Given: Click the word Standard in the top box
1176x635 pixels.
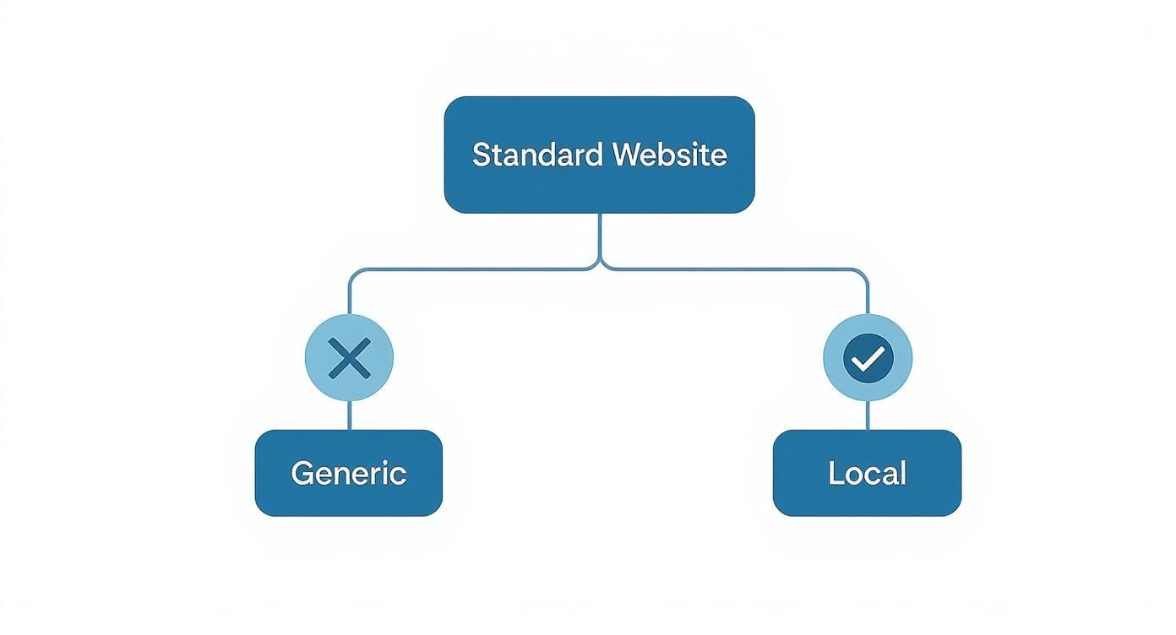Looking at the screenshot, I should [537, 155].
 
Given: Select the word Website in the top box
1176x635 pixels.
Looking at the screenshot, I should [669, 155].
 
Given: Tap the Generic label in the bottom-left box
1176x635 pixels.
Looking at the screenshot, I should [348, 473].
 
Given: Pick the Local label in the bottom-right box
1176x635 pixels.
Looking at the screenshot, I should [867, 473].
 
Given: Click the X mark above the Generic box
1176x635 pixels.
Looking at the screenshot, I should [349, 358].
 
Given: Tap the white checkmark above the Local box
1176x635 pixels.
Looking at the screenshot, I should [867, 361].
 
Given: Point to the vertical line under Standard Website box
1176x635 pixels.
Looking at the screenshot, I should [599, 236].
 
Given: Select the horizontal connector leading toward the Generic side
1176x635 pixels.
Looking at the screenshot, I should [473, 270].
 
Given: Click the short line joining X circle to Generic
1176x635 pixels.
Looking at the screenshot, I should [349, 415].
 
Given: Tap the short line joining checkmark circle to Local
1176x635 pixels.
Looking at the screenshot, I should [868, 415].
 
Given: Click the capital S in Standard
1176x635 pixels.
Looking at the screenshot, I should [481, 155].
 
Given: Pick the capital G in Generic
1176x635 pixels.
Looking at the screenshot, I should [302, 473].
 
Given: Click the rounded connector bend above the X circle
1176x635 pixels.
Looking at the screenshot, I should [353, 274].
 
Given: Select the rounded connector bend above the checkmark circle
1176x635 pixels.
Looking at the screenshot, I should [863, 274].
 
